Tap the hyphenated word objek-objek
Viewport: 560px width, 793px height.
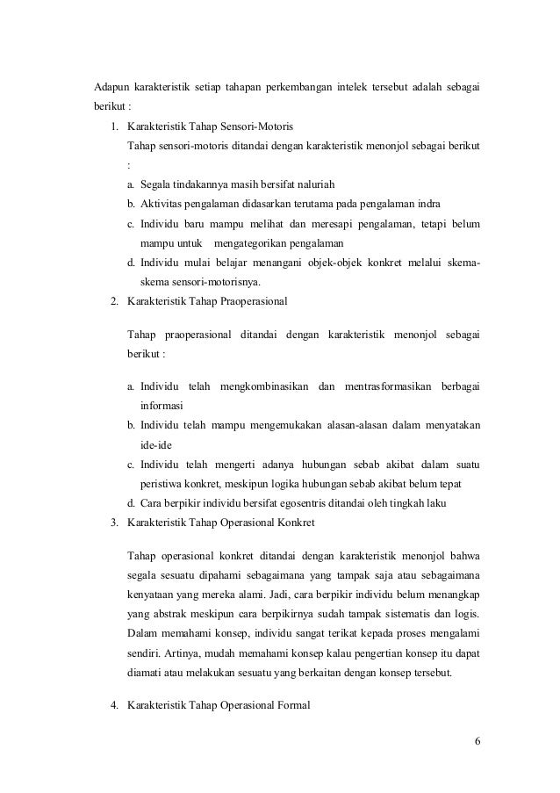[359, 262]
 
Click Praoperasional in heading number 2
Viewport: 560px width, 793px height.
[255, 301]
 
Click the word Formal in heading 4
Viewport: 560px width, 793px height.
[290, 705]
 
